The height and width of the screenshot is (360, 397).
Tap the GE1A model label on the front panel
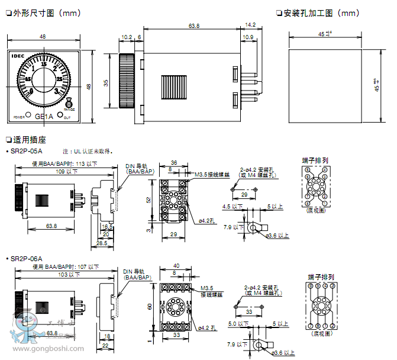(44, 117)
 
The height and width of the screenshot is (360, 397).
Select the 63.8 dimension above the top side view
(193, 26)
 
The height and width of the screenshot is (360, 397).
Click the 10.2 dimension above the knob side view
(126, 37)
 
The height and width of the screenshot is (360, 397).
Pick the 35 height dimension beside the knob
(106, 82)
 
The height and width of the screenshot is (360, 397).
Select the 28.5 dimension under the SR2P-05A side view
(102, 243)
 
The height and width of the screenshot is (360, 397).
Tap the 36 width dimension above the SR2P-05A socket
(174, 162)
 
